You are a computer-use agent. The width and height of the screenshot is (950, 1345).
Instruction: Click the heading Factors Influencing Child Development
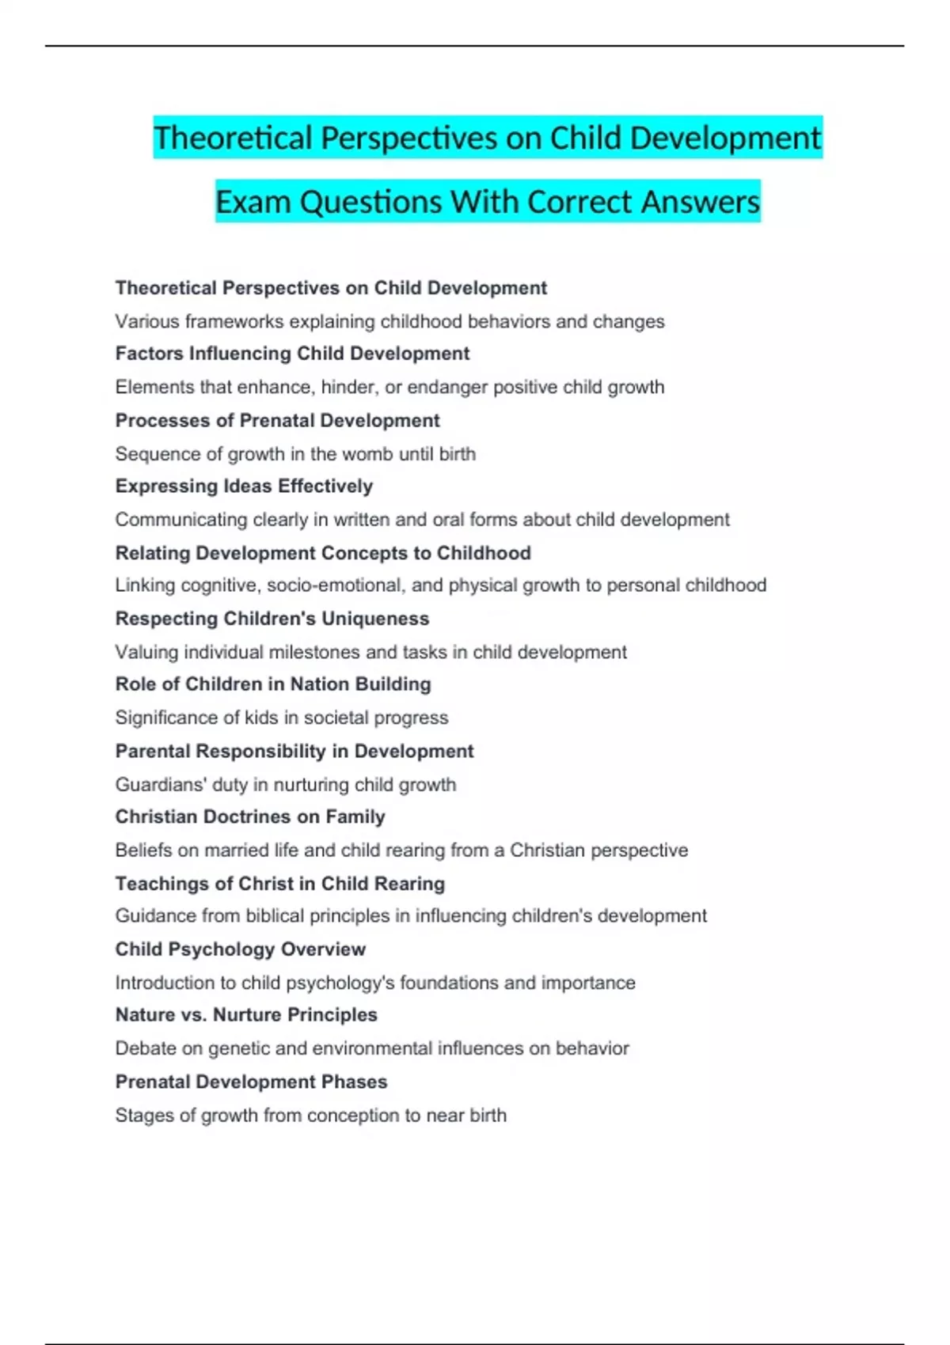292,354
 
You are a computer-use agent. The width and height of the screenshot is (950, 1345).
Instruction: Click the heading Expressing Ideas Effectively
244,486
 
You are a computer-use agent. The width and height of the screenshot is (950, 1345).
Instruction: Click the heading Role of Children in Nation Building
273,684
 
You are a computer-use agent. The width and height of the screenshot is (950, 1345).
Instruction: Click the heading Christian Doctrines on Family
250,816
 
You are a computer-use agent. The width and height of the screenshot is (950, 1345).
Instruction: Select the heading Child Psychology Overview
241,949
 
